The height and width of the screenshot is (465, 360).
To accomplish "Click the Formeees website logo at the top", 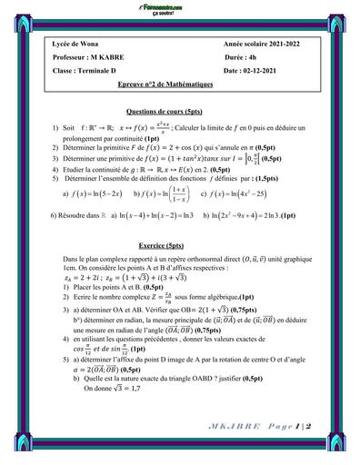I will tap(180, 8).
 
